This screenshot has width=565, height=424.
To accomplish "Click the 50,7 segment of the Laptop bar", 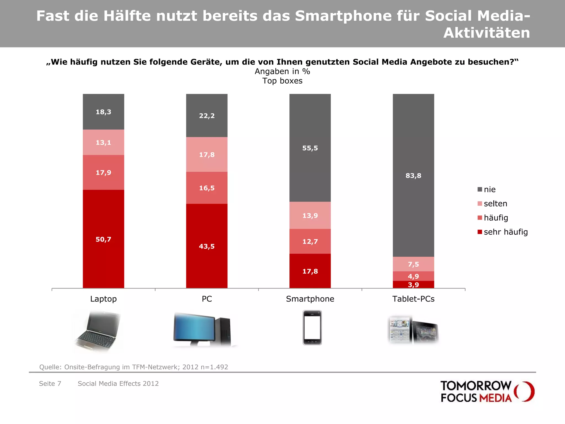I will point(103,239).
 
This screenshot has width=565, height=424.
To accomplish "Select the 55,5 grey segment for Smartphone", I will point(310,148).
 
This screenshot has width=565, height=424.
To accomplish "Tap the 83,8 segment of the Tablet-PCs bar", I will point(413,176).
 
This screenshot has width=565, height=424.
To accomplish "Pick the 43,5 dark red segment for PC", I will point(207,246).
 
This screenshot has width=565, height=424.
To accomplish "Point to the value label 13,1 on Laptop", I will point(103,142).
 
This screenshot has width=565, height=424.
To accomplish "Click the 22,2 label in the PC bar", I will point(207,116).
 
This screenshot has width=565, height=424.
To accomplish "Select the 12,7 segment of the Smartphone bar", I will point(310,242).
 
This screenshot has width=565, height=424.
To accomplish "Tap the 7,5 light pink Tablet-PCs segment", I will point(413,264).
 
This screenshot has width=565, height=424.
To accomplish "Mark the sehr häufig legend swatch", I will point(480,232).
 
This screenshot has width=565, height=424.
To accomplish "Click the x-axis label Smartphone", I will point(310,299).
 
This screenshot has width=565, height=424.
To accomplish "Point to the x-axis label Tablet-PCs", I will point(413,299).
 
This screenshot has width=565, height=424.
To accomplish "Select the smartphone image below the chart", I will point(312,328).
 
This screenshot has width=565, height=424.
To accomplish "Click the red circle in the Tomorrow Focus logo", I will point(524,391).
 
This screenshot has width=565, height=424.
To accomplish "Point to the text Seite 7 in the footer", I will point(50,383).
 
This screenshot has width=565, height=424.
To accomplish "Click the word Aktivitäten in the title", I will point(486,33).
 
